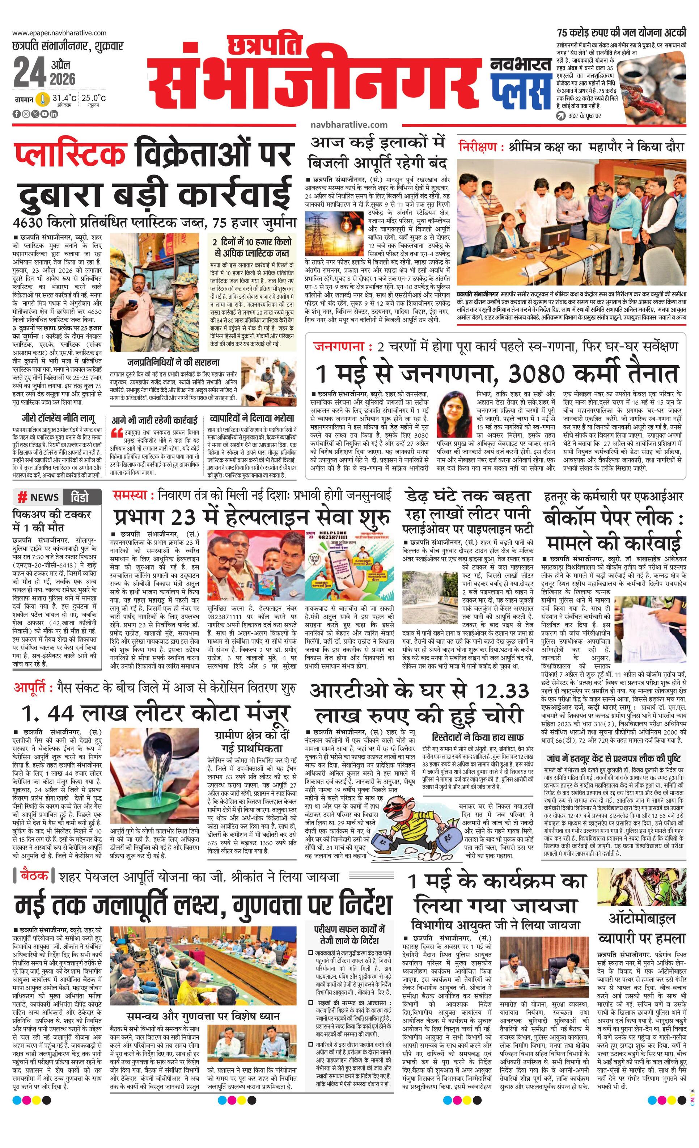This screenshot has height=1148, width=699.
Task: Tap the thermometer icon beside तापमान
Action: (x=43, y=99)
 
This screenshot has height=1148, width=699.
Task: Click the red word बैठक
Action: (x=34, y=876)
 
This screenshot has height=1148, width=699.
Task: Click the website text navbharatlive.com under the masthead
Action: (x=349, y=124)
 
